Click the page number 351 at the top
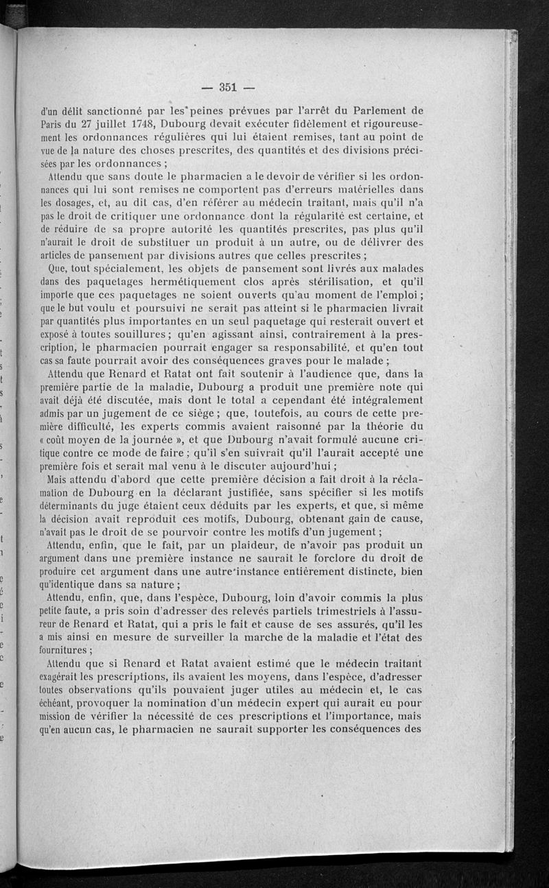click(227, 86)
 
